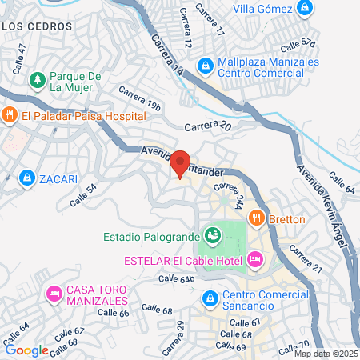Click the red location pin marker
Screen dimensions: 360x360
tap(180, 163)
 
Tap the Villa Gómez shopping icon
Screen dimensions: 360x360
tap(304, 9)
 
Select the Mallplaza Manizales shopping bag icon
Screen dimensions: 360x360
tap(204, 62)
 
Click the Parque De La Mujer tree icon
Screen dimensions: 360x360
tap(36, 81)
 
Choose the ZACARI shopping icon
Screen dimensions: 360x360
tap(27, 176)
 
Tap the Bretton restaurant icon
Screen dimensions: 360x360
tap(256, 216)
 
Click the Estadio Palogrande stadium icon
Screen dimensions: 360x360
tap(213, 235)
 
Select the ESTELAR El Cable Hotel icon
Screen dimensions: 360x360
tap(255, 259)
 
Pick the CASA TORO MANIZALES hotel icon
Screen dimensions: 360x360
tap(54, 294)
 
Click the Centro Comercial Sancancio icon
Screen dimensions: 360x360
tap(210, 299)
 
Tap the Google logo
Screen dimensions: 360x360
tap(26, 350)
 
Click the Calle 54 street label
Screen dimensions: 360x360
tap(84, 197)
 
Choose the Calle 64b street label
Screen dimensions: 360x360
tap(176, 278)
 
